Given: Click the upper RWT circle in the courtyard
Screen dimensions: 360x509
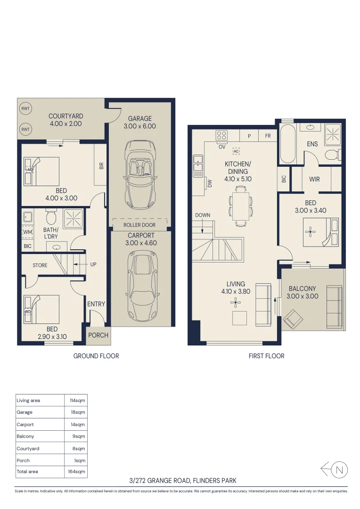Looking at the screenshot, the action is (x=25, y=109).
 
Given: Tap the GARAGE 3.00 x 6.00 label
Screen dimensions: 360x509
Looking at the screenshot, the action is (x=139, y=123).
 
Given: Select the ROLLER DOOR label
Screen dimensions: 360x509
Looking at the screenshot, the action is (x=139, y=225).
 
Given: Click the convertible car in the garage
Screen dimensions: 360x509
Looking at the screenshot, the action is (x=140, y=174).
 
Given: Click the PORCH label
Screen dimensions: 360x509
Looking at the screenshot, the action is (x=98, y=335).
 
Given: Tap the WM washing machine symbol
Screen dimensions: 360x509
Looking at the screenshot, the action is (x=28, y=232).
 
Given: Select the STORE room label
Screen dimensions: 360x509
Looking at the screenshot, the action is (x=40, y=265).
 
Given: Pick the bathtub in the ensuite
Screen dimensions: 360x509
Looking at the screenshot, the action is (x=287, y=143).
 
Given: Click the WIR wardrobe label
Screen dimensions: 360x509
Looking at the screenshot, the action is (x=314, y=179).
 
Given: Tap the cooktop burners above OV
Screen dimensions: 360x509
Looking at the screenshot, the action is (x=222, y=136).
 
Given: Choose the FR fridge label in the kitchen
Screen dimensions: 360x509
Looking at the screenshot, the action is (x=268, y=136).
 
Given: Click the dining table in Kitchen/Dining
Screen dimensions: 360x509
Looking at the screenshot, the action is (x=240, y=206).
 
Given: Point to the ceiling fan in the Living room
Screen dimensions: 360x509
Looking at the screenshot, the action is (x=236, y=303).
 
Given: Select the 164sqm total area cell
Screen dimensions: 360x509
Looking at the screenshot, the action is (x=77, y=471).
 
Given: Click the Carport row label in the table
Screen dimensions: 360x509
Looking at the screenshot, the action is (x=25, y=425).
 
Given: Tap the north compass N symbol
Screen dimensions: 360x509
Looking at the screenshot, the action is (x=339, y=470).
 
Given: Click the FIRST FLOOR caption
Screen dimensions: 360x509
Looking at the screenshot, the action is (x=267, y=356).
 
